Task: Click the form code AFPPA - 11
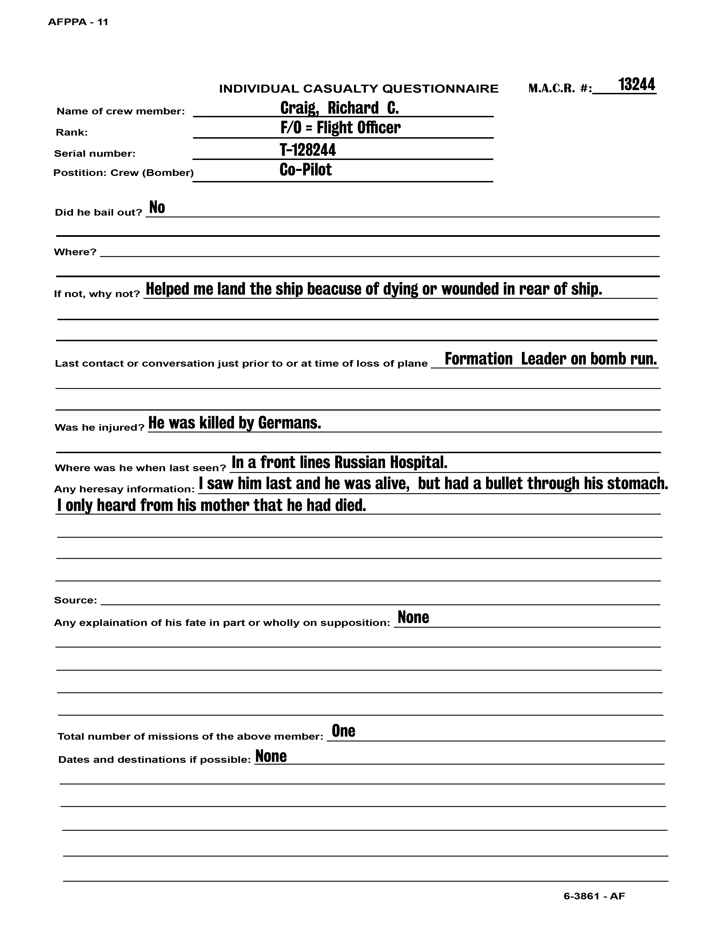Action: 78,22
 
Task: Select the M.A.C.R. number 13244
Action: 636,85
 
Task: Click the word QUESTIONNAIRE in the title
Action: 440,89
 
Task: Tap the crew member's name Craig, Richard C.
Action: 339,109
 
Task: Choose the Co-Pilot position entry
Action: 305,170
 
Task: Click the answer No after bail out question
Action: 157,208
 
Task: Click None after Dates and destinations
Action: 271,756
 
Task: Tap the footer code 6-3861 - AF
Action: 594,896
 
